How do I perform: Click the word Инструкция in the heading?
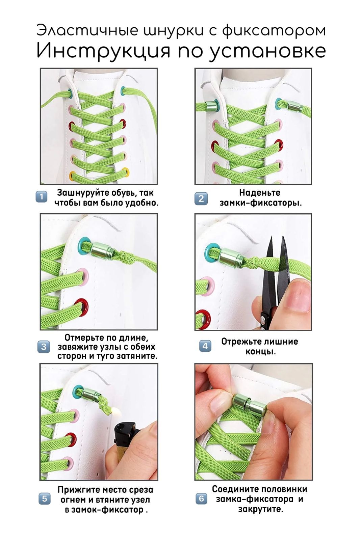pyautogui.click(x=104, y=51)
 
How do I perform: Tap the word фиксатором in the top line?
pyautogui.click(x=274, y=31)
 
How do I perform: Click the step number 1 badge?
pyautogui.click(x=42, y=197)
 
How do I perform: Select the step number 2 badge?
pyautogui.click(x=201, y=199)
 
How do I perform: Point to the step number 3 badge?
pyautogui.click(x=44, y=347)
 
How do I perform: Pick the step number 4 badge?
pyautogui.click(x=205, y=346)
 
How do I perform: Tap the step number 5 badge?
pyautogui.click(x=45, y=498)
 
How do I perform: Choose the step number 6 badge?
pyautogui.click(x=201, y=498)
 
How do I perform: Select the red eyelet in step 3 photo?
pyautogui.click(x=81, y=307)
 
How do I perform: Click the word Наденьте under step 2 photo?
pyautogui.click(x=260, y=193)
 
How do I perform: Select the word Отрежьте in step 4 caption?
pyautogui.click(x=242, y=342)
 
